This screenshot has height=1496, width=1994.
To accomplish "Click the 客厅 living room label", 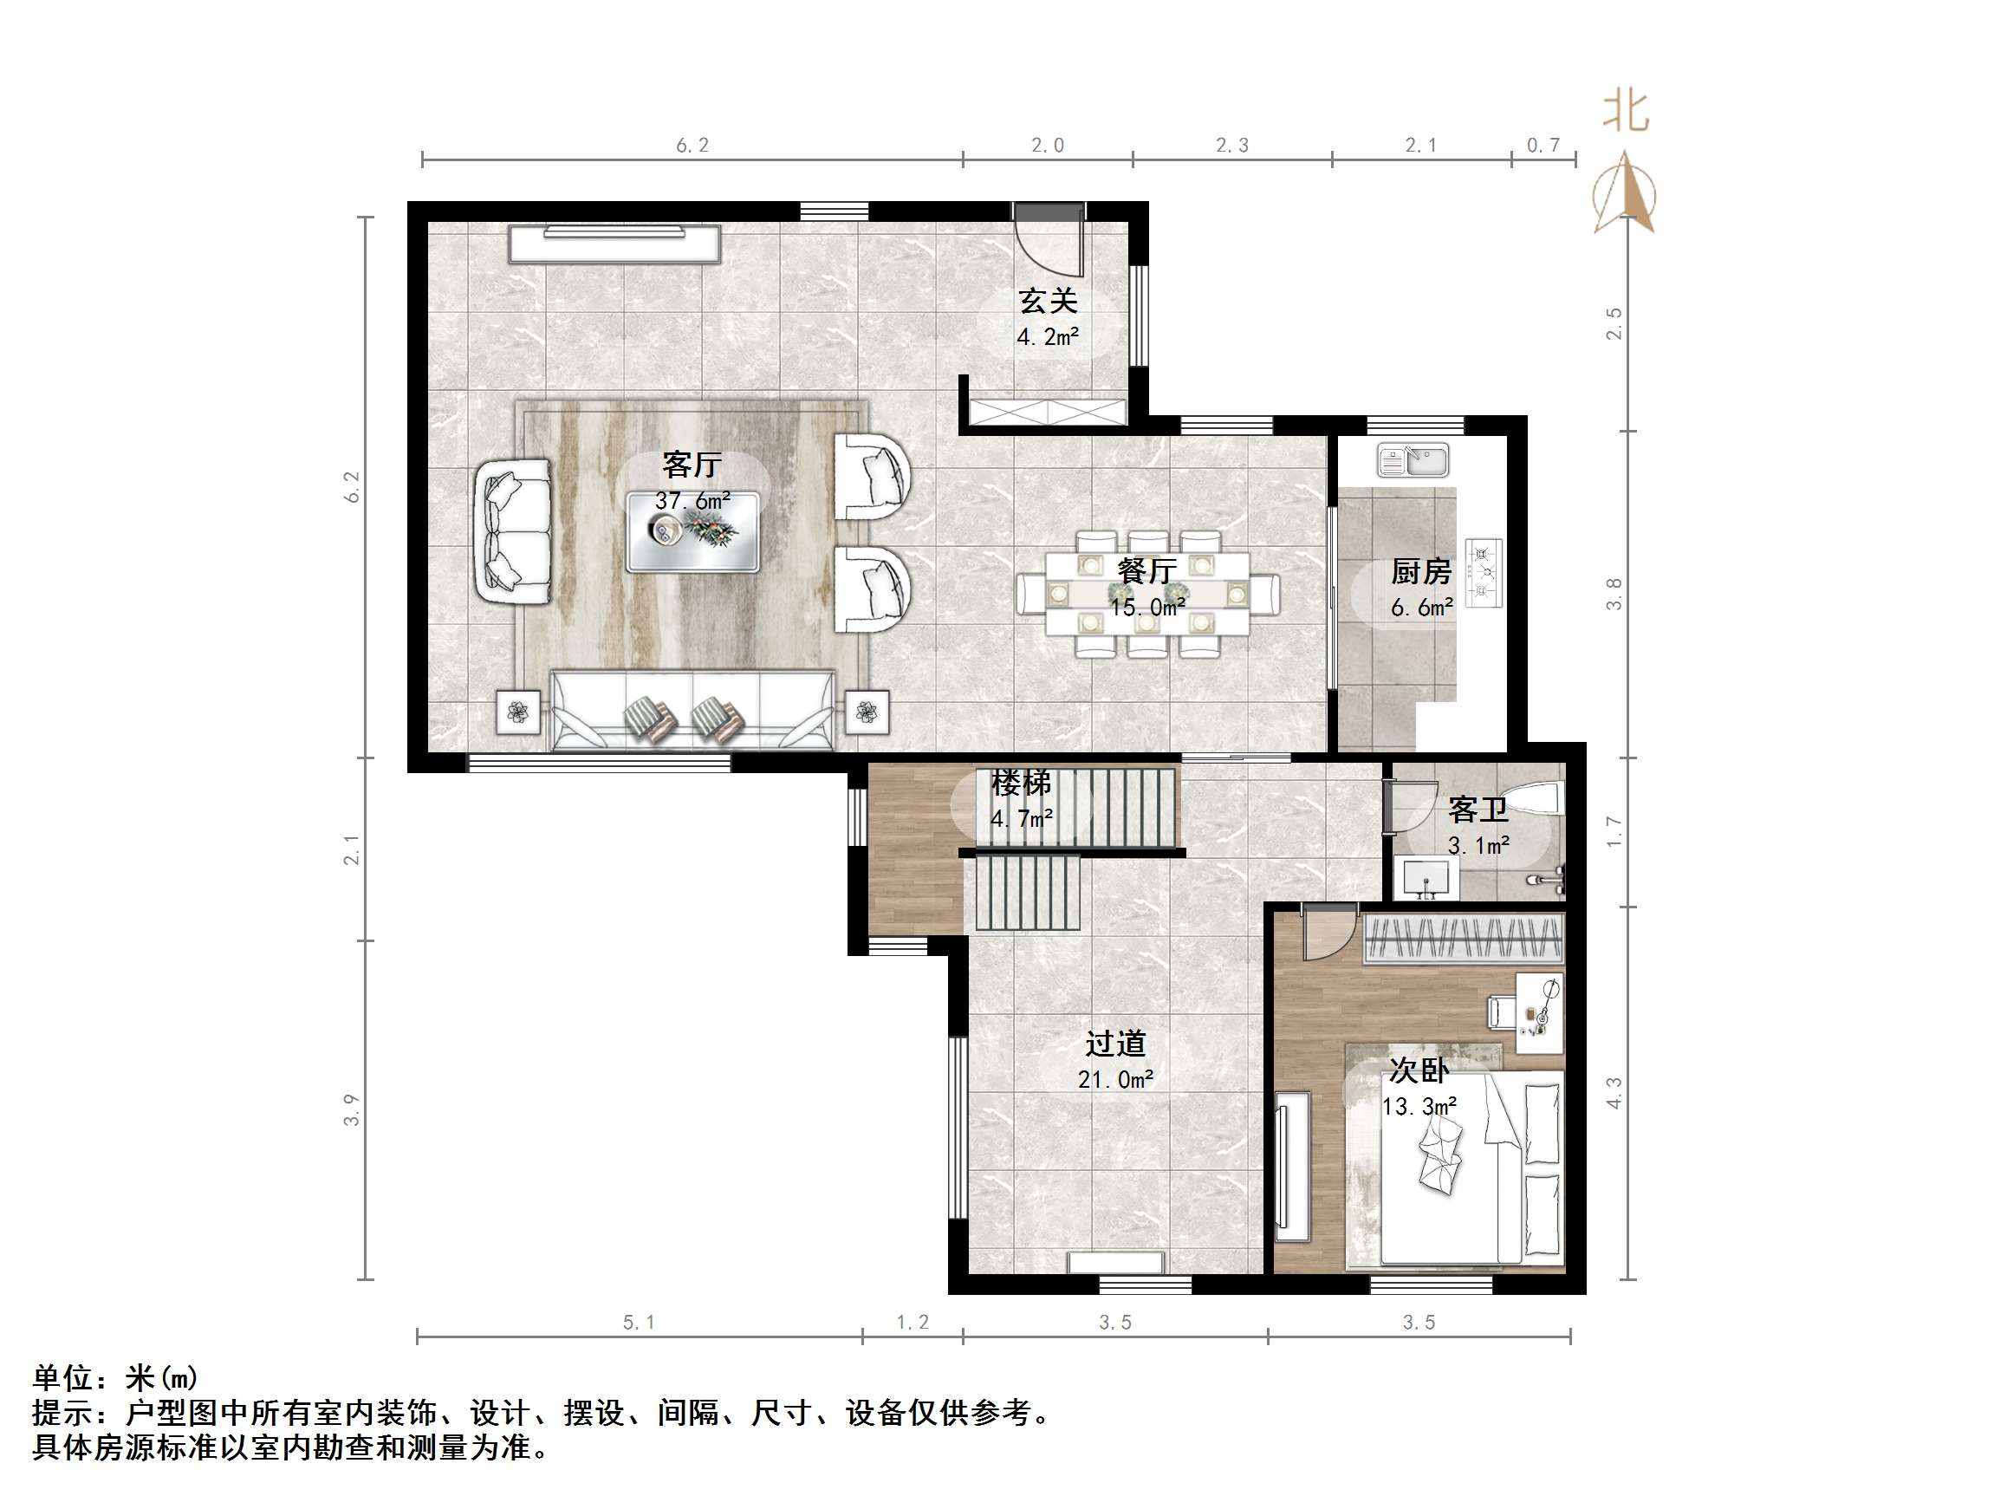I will click(x=692, y=465).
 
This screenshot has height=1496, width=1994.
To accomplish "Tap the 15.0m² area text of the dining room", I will click(x=1146, y=608).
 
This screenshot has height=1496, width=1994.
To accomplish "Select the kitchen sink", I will click(x=1413, y=460).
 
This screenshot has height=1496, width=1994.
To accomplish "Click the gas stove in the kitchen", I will click(x=1483, y=572).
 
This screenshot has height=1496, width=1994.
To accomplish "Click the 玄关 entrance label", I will click(x=1048, y=300).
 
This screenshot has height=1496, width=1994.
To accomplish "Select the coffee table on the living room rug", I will click(x=692, y=532).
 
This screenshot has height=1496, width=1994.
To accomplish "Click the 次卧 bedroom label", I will click(x=1418, y=1070).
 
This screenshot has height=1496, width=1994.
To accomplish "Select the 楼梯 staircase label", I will click(x=1021, y=783).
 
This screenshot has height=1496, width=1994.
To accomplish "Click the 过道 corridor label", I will click(x=1115, y=1044).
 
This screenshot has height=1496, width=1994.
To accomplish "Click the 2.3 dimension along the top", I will click(x=1231, y=146).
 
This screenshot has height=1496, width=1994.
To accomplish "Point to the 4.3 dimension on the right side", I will click(x=1614, y=1093).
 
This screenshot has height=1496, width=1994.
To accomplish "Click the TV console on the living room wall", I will click(x=614, y=244).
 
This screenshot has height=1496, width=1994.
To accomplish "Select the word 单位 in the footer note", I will click(x=62, y=1378).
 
